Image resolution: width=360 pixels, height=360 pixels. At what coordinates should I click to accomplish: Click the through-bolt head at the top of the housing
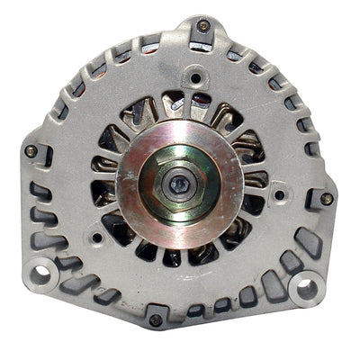point(203,25)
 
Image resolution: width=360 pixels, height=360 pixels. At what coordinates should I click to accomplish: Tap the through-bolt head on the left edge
point(31,150)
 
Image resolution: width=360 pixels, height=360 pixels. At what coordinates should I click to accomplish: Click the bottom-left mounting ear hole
point(40,271)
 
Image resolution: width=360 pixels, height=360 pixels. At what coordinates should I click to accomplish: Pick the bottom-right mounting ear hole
point(308,288)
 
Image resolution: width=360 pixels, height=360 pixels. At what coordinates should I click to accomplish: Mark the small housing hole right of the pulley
point(280,193)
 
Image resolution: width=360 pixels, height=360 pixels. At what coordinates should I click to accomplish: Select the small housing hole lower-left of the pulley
point(95,238)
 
